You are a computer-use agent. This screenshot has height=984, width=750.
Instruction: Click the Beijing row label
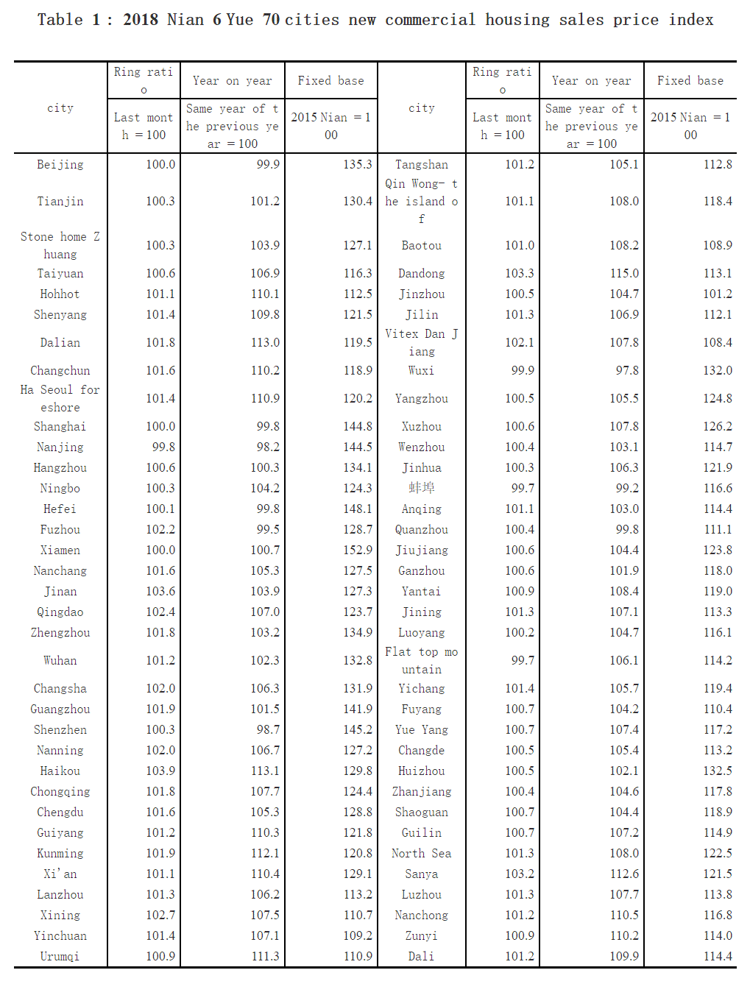(60, 165)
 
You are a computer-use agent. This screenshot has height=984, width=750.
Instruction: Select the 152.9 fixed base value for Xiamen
(358, 551)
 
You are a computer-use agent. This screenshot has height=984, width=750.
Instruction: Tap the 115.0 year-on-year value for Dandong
(624, 274)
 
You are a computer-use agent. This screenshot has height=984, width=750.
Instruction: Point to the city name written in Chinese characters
(422, 488)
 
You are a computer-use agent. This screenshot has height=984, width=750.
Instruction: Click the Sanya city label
(422, 874)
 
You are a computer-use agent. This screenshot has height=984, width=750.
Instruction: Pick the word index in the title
(691, 20)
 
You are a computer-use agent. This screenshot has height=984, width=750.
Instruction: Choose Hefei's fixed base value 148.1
(358, 509)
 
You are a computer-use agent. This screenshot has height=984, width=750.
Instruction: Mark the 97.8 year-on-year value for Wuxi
(627, 371)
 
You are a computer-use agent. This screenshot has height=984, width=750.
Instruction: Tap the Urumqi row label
(60, 957)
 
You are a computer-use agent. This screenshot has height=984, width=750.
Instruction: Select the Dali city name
(422, 957)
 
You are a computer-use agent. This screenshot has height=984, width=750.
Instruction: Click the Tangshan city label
(422, 165)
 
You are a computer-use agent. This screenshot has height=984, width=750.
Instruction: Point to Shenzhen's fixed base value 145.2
(358, 730)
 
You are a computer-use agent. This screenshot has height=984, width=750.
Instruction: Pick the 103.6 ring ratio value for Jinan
(160, 592)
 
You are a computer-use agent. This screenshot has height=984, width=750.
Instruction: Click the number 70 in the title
(272, 20)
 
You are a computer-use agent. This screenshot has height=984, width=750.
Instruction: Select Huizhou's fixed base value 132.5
(718, 771)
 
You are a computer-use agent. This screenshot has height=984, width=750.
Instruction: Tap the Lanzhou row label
(60, 895)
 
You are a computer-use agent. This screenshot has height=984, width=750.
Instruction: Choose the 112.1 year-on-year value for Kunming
(265, 854)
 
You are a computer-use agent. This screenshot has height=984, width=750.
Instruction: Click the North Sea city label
(422, 854)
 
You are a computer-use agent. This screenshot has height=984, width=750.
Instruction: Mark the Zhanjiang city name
(422, 792)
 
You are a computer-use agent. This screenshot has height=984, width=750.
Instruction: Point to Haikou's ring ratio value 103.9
(160, 771)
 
